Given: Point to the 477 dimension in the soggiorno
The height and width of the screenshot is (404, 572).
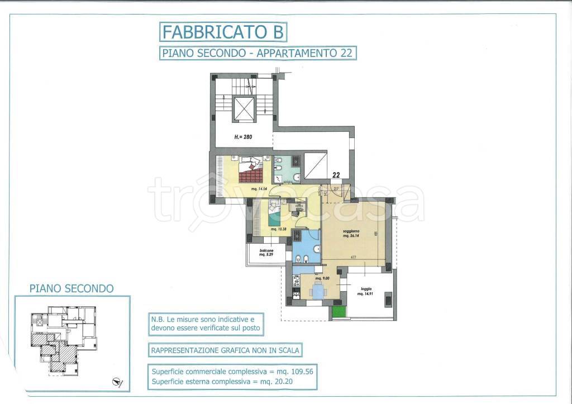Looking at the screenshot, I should tap(354, 258).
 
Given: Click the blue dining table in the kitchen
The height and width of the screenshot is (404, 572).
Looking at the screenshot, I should tap(318, 290).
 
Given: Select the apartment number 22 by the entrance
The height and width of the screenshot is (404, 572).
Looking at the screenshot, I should tap(336, 175).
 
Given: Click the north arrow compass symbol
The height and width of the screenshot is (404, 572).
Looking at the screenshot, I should tap(117, 383).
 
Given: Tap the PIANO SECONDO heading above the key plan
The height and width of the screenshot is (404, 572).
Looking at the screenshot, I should tap(71, 288).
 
